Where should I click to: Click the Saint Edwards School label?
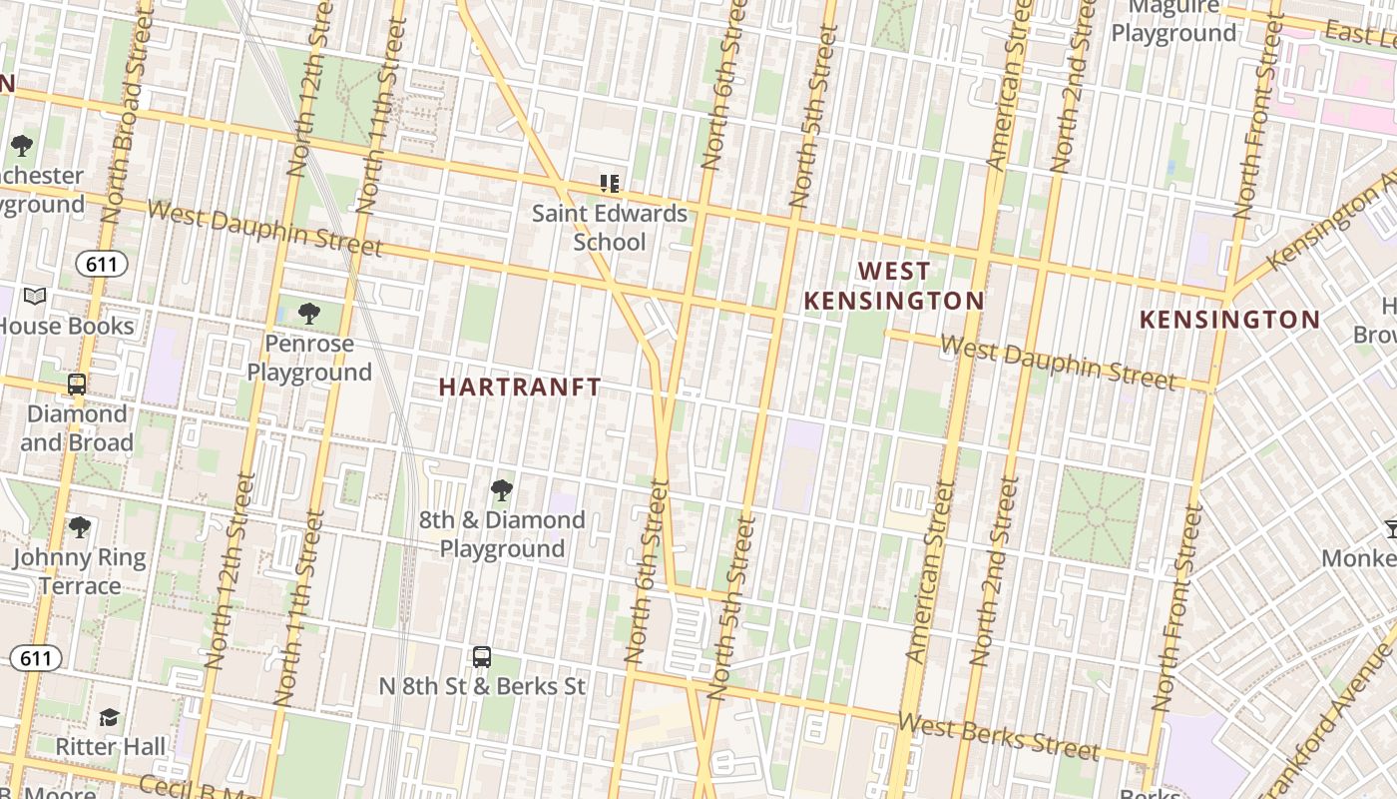(609, 228)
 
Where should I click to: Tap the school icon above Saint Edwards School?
(609, 184)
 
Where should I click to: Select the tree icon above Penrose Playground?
(309, 314)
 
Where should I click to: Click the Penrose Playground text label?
(309, 358)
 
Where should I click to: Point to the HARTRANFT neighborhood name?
(520, 388)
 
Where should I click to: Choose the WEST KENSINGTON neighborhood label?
(894, 286)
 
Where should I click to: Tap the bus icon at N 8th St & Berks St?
(482, 656)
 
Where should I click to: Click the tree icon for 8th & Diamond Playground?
(502, 489)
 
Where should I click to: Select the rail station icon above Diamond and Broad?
(77, 384)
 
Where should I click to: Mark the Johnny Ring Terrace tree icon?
(80, 526)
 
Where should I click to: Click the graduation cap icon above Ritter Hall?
(109, 717)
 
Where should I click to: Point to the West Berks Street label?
(998, 736)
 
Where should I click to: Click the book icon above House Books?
(35, 297)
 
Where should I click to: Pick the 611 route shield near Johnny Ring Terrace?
(37, 657)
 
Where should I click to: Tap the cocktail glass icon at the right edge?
(1390, 527)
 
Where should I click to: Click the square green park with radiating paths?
(1097, 517)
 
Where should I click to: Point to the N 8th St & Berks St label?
(482, 687)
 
